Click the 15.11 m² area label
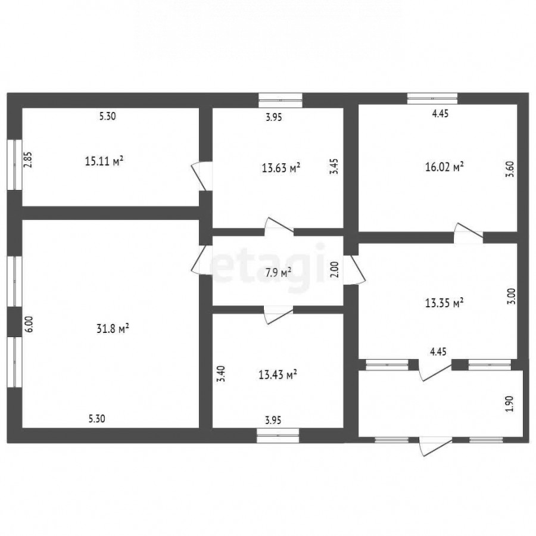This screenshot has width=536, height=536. coord(104,161)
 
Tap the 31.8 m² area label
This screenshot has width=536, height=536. coord(113,329)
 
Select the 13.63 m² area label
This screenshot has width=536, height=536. coord(281,168)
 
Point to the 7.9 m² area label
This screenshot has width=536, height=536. coord(278,273)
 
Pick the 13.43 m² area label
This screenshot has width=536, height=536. coord(278,375)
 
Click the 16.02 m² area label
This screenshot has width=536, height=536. coord(444,167)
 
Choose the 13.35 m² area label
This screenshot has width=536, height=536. coord(444,303)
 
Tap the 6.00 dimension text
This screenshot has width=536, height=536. coord(29,324)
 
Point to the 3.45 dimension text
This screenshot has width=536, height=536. coord(334,167)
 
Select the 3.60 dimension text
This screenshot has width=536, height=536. coord(510,169)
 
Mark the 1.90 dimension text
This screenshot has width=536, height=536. coord(509,404)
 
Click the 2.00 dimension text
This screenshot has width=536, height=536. coord(335,269)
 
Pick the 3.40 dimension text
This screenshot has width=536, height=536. coord(222,374)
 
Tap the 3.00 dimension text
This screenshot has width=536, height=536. coord(511,297)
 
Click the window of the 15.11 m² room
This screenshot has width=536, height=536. coord(14,164)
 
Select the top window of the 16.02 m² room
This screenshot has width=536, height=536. coord(432,98)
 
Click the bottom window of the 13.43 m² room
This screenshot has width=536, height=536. coord(278,435)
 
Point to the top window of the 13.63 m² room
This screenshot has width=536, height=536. coord(281,100)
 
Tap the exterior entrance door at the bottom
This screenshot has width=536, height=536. coord(436,445)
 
